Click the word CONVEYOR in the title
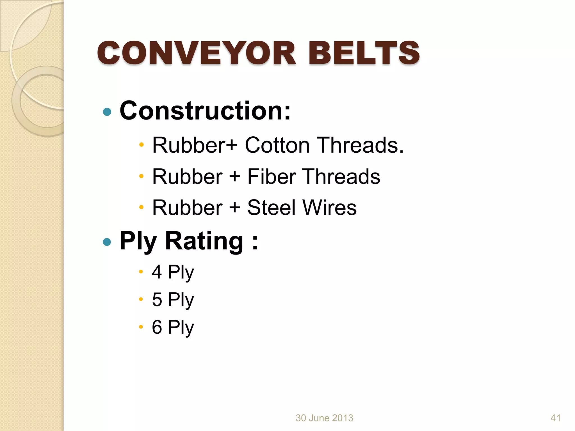197,53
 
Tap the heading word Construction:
205,111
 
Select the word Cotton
277,145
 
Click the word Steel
271,208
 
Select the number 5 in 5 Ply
157,299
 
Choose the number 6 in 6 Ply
157,327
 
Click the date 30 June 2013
324,418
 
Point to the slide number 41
556,418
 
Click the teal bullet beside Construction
107,112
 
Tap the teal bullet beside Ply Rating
107,242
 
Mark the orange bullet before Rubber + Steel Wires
142,208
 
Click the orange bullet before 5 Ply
141,299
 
